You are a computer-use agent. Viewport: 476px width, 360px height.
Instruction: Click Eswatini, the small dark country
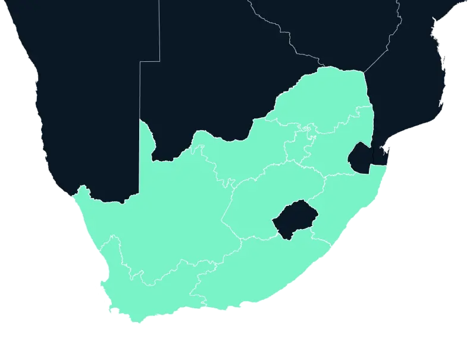360,156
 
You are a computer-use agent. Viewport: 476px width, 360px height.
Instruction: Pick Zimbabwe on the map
333,30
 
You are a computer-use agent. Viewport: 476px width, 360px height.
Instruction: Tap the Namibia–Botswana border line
140,89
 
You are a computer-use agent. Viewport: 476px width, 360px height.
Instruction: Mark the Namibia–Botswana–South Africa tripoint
140,120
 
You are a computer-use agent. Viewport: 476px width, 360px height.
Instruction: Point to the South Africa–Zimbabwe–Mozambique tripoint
364,72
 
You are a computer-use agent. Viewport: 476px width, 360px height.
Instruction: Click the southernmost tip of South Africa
140,323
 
